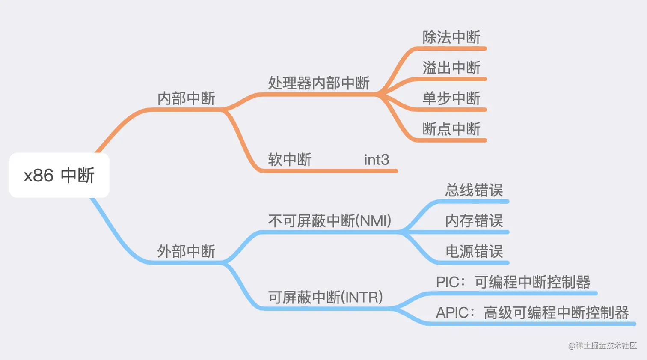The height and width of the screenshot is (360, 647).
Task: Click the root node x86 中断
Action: click(x=59, y=176)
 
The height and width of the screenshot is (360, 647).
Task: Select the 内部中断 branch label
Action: click(x=186, y=98)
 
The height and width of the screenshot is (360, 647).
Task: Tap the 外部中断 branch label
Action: click(x=186, y=251)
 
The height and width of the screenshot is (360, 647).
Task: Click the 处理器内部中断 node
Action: click(x=318, y=83)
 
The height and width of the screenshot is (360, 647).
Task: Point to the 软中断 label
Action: click(x=290, y=160)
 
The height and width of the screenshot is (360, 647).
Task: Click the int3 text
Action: click(x=377, y=160)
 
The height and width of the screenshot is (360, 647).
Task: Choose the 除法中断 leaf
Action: click(x=451, y=37)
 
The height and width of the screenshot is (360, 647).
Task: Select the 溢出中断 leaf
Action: click(x=451, y=68)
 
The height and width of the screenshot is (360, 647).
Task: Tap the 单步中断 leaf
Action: click(x=451, y=98)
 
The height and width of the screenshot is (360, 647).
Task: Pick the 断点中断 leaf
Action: click(x=451, y=129)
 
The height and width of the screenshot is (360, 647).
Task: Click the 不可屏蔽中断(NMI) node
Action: click(x=329, y=221)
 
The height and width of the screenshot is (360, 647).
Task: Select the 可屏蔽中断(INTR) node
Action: click(x=325, y=297)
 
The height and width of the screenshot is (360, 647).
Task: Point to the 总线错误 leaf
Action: click(x=474, y=190)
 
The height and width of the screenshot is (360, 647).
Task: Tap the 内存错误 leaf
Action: click(x=474, y=221)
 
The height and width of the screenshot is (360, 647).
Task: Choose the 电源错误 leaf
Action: click(x=474, y=251)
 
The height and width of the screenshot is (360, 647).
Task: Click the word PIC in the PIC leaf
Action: click(x=448, y=282)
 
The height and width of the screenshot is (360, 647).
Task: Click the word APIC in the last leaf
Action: click(x=452, y=313)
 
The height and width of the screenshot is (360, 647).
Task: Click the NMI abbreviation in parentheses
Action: click(x=375, y=221)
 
